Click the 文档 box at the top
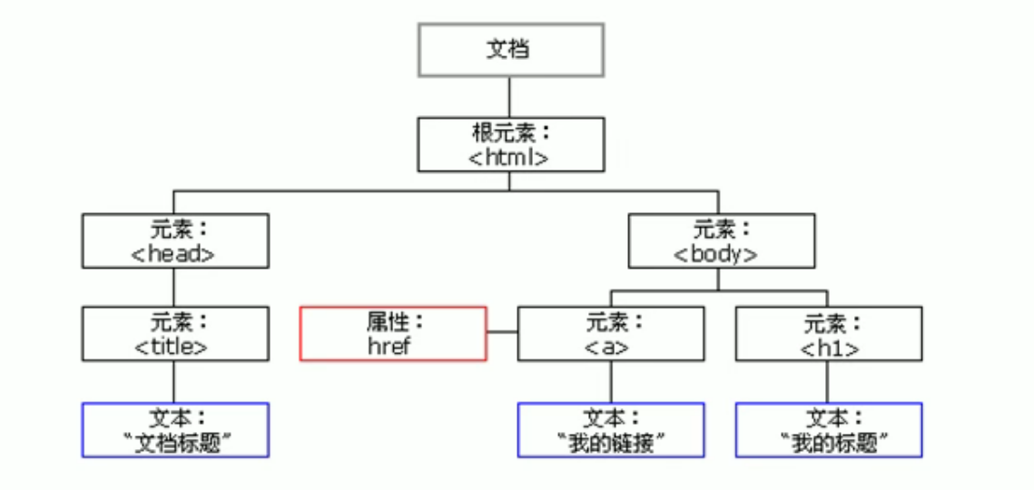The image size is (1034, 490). tap(511, 50)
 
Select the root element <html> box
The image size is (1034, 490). tap(511, 144)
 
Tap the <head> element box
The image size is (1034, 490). tap(175, 240)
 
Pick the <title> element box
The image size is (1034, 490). tap(175, 334)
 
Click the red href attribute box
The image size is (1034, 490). tap(393, 334)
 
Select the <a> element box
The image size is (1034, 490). tap(611, 334)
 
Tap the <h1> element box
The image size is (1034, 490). tap(829, 334)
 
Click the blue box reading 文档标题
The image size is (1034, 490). tap(175, 430)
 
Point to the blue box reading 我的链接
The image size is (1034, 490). tap(611, 430)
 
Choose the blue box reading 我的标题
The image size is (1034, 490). tap(829, 430)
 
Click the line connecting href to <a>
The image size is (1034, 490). tap(502, 332)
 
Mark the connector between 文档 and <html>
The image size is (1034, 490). tap(510, 97)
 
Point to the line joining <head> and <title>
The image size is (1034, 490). tap(174, 287)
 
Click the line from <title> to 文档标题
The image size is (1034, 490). tap(174, 382)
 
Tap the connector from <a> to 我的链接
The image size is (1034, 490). tap(610, 382)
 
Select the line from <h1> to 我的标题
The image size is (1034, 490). tap(828, 382)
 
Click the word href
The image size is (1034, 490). tap(389, 347)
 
